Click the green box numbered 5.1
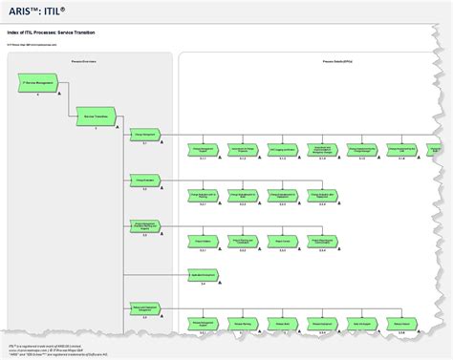[145, 134]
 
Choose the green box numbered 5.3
[145, 226]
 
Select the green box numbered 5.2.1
[203, 195]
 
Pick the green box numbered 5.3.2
[243, 242]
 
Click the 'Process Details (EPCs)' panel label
[314, 59]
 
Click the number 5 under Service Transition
[96, 128]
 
